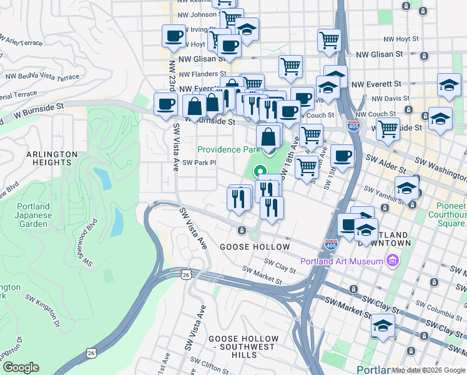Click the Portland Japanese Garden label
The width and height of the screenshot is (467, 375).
33,215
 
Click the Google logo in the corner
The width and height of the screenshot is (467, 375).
21,367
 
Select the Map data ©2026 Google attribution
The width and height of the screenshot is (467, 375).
428,370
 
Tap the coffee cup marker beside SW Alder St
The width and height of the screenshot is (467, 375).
342,157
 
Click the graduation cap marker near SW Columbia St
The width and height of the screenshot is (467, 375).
383,326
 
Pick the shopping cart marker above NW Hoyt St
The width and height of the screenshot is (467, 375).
329,39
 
